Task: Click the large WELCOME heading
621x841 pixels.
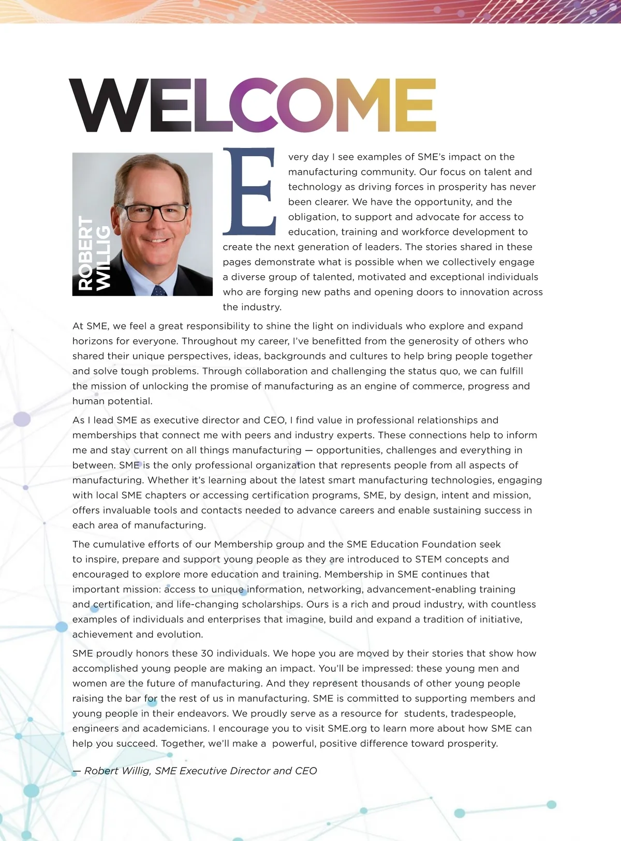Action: [x=253, y=106]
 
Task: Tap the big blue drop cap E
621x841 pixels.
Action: [x=249, y=191]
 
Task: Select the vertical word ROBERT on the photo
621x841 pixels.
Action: [x=86, y=253]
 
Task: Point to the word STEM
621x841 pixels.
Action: [x=428, y=559]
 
